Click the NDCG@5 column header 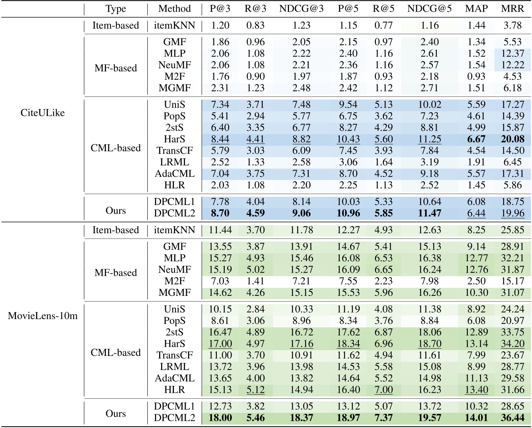(429, 9)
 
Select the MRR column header (512, 9)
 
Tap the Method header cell (174, 9)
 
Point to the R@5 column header (384, 9)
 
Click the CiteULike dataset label (43, 113)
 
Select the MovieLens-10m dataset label (43, 316)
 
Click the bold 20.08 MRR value (512, 139)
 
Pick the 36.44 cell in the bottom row (512, 418)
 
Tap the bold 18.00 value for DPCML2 (220, 418)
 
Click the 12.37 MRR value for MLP (512, 54)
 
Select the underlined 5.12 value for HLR (255, 390)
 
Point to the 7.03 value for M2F (220, 281)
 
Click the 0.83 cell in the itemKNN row (255, 25)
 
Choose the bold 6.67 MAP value (476, 139)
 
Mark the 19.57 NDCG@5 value (429, 418)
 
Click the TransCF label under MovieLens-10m (174, 355)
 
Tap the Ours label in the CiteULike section (115, 210)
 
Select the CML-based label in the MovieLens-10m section (115, 352)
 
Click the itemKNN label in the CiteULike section (174, 25)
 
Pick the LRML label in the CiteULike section (174, 162)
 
